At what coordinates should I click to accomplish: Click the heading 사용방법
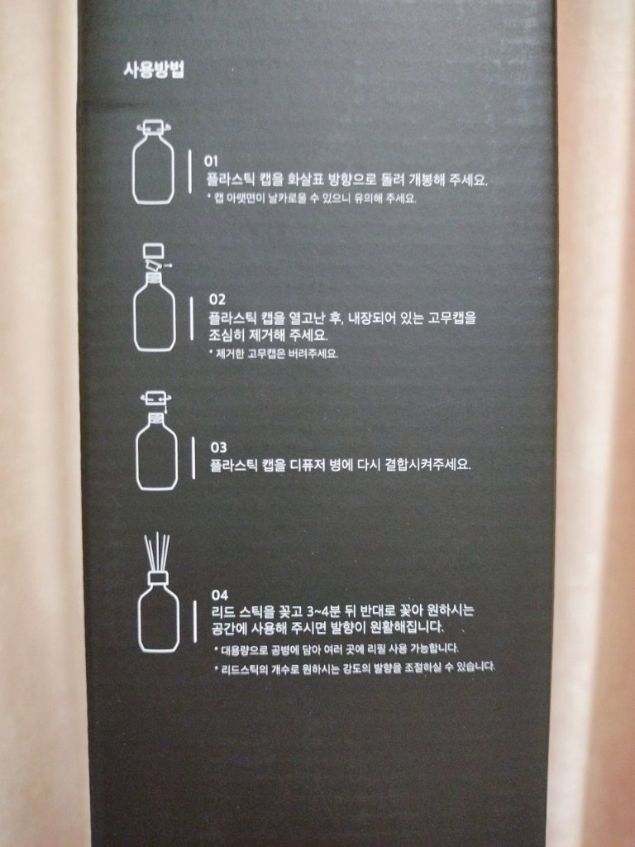click(x=154, y=70)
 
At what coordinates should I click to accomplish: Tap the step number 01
click(x=211, y=161)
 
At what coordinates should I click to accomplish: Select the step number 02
click(x=217, y=299)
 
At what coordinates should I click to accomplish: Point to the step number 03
click(x=218, y=447)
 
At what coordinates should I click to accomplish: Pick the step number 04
click(x=220, y=596)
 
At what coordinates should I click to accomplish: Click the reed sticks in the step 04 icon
click(x=157, y=552)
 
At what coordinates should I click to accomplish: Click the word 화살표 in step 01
click(x=303, y=179)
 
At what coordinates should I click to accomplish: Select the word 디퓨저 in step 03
click(x=311, y=465)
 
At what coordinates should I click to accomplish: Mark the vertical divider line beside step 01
click(x=189, y=171)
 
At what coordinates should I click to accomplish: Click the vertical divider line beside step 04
click(x=195, y=621)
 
